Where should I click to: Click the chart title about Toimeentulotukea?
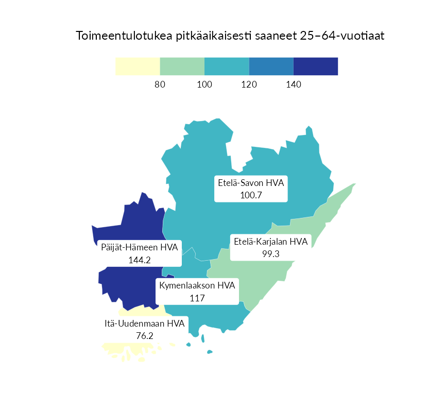pos(230,36)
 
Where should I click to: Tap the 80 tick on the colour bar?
pos(160,84)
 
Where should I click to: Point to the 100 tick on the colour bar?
pos(204,84)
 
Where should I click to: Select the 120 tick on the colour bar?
pos(249,84)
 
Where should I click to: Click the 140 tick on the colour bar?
pos(293,84)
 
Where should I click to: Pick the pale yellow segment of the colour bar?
pos(138,66)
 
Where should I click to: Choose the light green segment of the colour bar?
pos(182,66)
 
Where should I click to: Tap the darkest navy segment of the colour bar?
pos(316,66)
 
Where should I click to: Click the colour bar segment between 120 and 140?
pos(271,66)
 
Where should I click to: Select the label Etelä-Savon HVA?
pos(251,183)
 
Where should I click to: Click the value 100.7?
pos(251,195)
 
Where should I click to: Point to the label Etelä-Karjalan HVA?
pos(270,242)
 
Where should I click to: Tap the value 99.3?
pos(270,253)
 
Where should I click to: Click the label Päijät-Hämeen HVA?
pos(139,248)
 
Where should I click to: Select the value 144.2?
pos(139,260)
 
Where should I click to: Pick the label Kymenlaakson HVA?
pos(197,286)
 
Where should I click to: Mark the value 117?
pos(197,298)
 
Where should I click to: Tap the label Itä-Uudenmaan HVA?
pos(144,324)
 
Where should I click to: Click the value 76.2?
pos(144,335)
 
